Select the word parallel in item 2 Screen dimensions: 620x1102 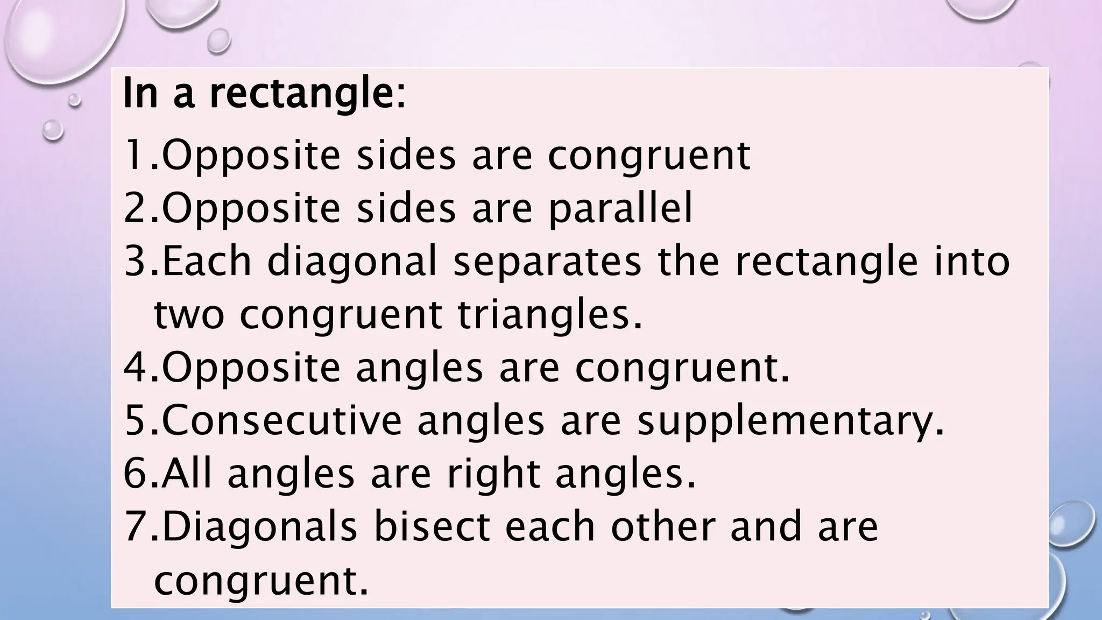[x=620, y=209]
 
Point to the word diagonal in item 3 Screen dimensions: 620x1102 [x=352, y=262]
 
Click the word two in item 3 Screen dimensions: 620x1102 [x=189, y=316]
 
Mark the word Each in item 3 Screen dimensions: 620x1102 [x=207, y=261]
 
